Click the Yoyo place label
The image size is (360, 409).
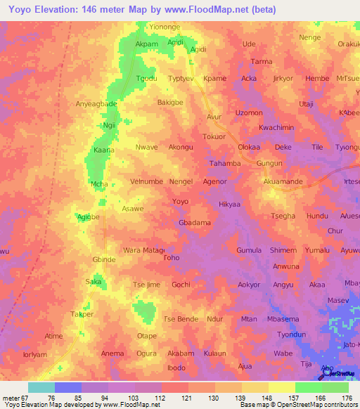click(180, 202)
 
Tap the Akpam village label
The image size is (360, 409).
click(146, 44)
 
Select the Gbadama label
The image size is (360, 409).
click(195, 223)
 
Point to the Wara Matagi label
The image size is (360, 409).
click(143, 250)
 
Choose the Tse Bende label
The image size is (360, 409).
click(181, 319)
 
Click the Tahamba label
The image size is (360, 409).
click(226, 164)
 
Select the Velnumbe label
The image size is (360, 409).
click(146, 181)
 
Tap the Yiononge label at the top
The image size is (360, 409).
click(167, 26)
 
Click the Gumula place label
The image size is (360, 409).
click(249, 250)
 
